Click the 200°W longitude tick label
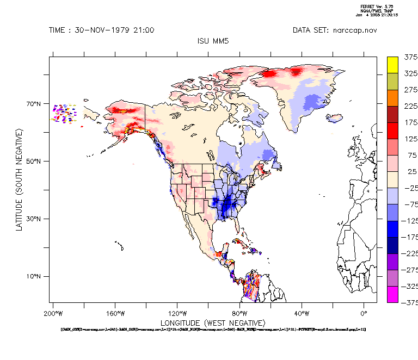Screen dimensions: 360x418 [x=52, y=313]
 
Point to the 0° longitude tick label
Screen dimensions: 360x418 [x=364, y=313]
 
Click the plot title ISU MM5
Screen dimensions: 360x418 [x=212, y=41]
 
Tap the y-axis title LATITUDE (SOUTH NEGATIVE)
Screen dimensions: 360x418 [x=20, y=179]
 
